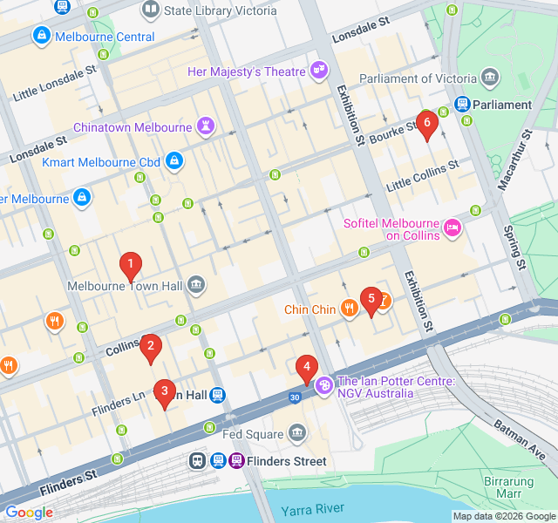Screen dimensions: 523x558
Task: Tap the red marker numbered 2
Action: tap(151, 348)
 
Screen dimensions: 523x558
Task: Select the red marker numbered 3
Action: tap(163, 393)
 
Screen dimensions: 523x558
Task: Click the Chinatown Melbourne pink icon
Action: tap(205, 127)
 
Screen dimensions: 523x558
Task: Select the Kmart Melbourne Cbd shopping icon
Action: tap(174, 162)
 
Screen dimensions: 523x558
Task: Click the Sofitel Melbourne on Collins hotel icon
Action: tap(452, 229)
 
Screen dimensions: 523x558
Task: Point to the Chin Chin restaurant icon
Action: tap(349, 309)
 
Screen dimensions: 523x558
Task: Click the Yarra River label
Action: tap(312, 509)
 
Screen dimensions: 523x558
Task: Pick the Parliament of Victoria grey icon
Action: tap(490, 78)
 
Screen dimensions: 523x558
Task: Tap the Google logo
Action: tap(29, 513)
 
